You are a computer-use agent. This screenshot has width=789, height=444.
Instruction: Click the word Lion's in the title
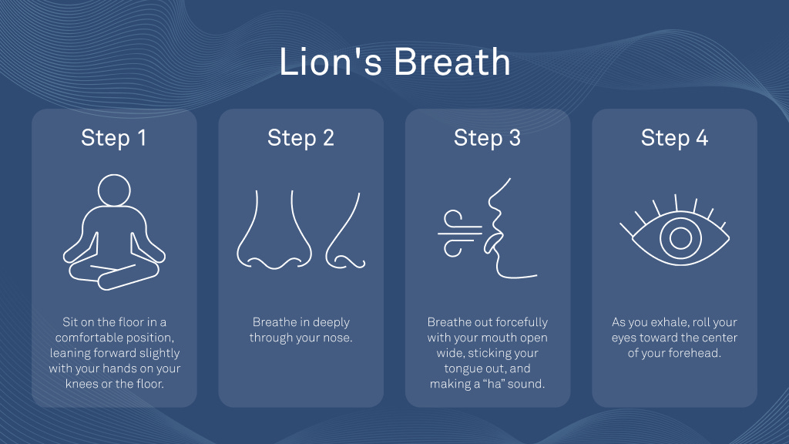(x=330, y=62)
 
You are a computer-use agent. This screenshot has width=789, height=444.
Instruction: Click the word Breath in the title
(x=452, y=62)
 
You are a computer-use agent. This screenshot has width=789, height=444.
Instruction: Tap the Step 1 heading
(x=114, y=138)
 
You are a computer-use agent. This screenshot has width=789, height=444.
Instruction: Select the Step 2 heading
(x=301, y=138)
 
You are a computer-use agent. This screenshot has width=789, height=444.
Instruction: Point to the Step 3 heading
(x=487, y=138)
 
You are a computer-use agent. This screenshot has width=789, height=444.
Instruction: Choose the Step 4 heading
(x=674, y=138)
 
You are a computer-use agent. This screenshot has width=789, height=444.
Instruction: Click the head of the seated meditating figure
(x=114, y=190)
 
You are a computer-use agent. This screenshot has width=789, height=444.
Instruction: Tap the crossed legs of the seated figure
(x=114, y=275)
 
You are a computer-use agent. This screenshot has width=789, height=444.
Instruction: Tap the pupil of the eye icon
(x=680, y=238)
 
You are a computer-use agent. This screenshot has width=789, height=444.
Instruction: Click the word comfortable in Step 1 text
(x=82, y=338)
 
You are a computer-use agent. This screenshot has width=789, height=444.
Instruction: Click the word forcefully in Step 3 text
(x=522, y=322)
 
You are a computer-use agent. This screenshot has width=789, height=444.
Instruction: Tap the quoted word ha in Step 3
(x=491, y=384)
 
